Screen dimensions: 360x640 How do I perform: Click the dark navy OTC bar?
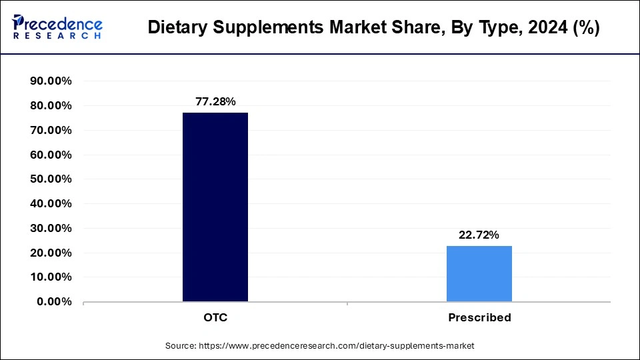pos(215,207)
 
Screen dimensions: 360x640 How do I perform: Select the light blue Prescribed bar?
pos(479,273)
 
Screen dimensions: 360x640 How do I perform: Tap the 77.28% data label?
pos(215,101)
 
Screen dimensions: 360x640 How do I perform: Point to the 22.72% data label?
pos(479,235)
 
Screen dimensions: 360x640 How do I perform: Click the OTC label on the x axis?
pos(215,317)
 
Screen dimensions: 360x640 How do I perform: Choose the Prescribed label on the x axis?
pos(479,317)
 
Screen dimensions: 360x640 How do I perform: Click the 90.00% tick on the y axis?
pos(51,81)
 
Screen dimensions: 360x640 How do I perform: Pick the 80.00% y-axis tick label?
pos(51,106)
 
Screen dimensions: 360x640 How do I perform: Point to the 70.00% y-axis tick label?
pos(51,131)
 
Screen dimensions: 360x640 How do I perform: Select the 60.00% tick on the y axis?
pos(51,155)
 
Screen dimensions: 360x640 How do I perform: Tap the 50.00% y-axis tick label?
pos(51,179)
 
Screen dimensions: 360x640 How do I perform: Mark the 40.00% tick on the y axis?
pos(51,204)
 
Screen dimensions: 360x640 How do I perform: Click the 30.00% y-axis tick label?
pos(51,228)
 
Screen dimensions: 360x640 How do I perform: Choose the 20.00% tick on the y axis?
pos(51,253)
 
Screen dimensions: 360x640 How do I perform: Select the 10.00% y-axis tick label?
pos(51,277)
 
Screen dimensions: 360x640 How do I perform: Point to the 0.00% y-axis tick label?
pos(54,301)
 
